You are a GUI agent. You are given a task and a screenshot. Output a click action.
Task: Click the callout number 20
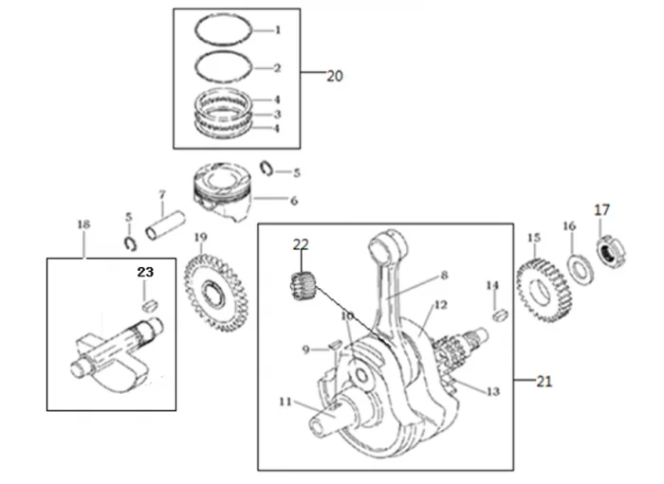point(334,77)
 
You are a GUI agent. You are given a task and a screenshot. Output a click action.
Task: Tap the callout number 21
point(543,381)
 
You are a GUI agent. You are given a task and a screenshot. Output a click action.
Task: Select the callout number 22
point(301,244)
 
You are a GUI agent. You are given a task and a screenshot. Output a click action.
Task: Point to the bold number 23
point(144,272)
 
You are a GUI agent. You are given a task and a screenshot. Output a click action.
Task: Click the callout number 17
point(602,209)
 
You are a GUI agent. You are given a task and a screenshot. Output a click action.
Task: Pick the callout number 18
point(83,224)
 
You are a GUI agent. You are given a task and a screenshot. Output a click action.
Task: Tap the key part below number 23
point(147,304)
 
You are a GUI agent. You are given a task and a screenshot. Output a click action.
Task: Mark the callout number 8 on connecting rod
point(442,277)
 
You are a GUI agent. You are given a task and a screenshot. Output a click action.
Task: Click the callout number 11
point(285,402)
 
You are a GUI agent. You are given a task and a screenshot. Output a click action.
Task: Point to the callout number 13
point(492,391)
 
